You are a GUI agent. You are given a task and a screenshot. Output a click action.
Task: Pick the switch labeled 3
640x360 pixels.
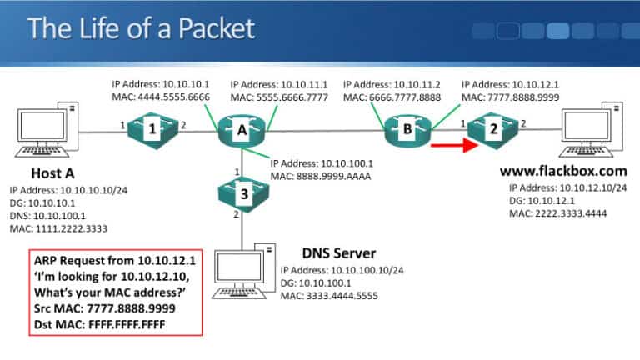coord(243,195)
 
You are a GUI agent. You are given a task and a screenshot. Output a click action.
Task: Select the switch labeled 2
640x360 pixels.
coord(492,129)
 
